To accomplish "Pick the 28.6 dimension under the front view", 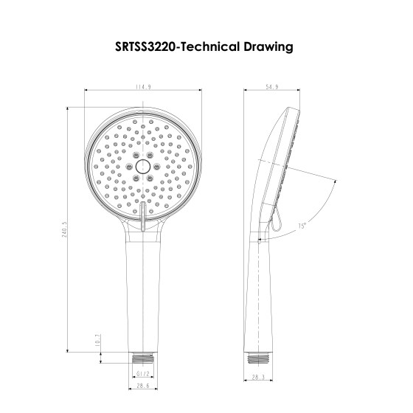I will (x=143, y=386).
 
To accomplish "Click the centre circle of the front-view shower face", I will (x=143, y=168).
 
